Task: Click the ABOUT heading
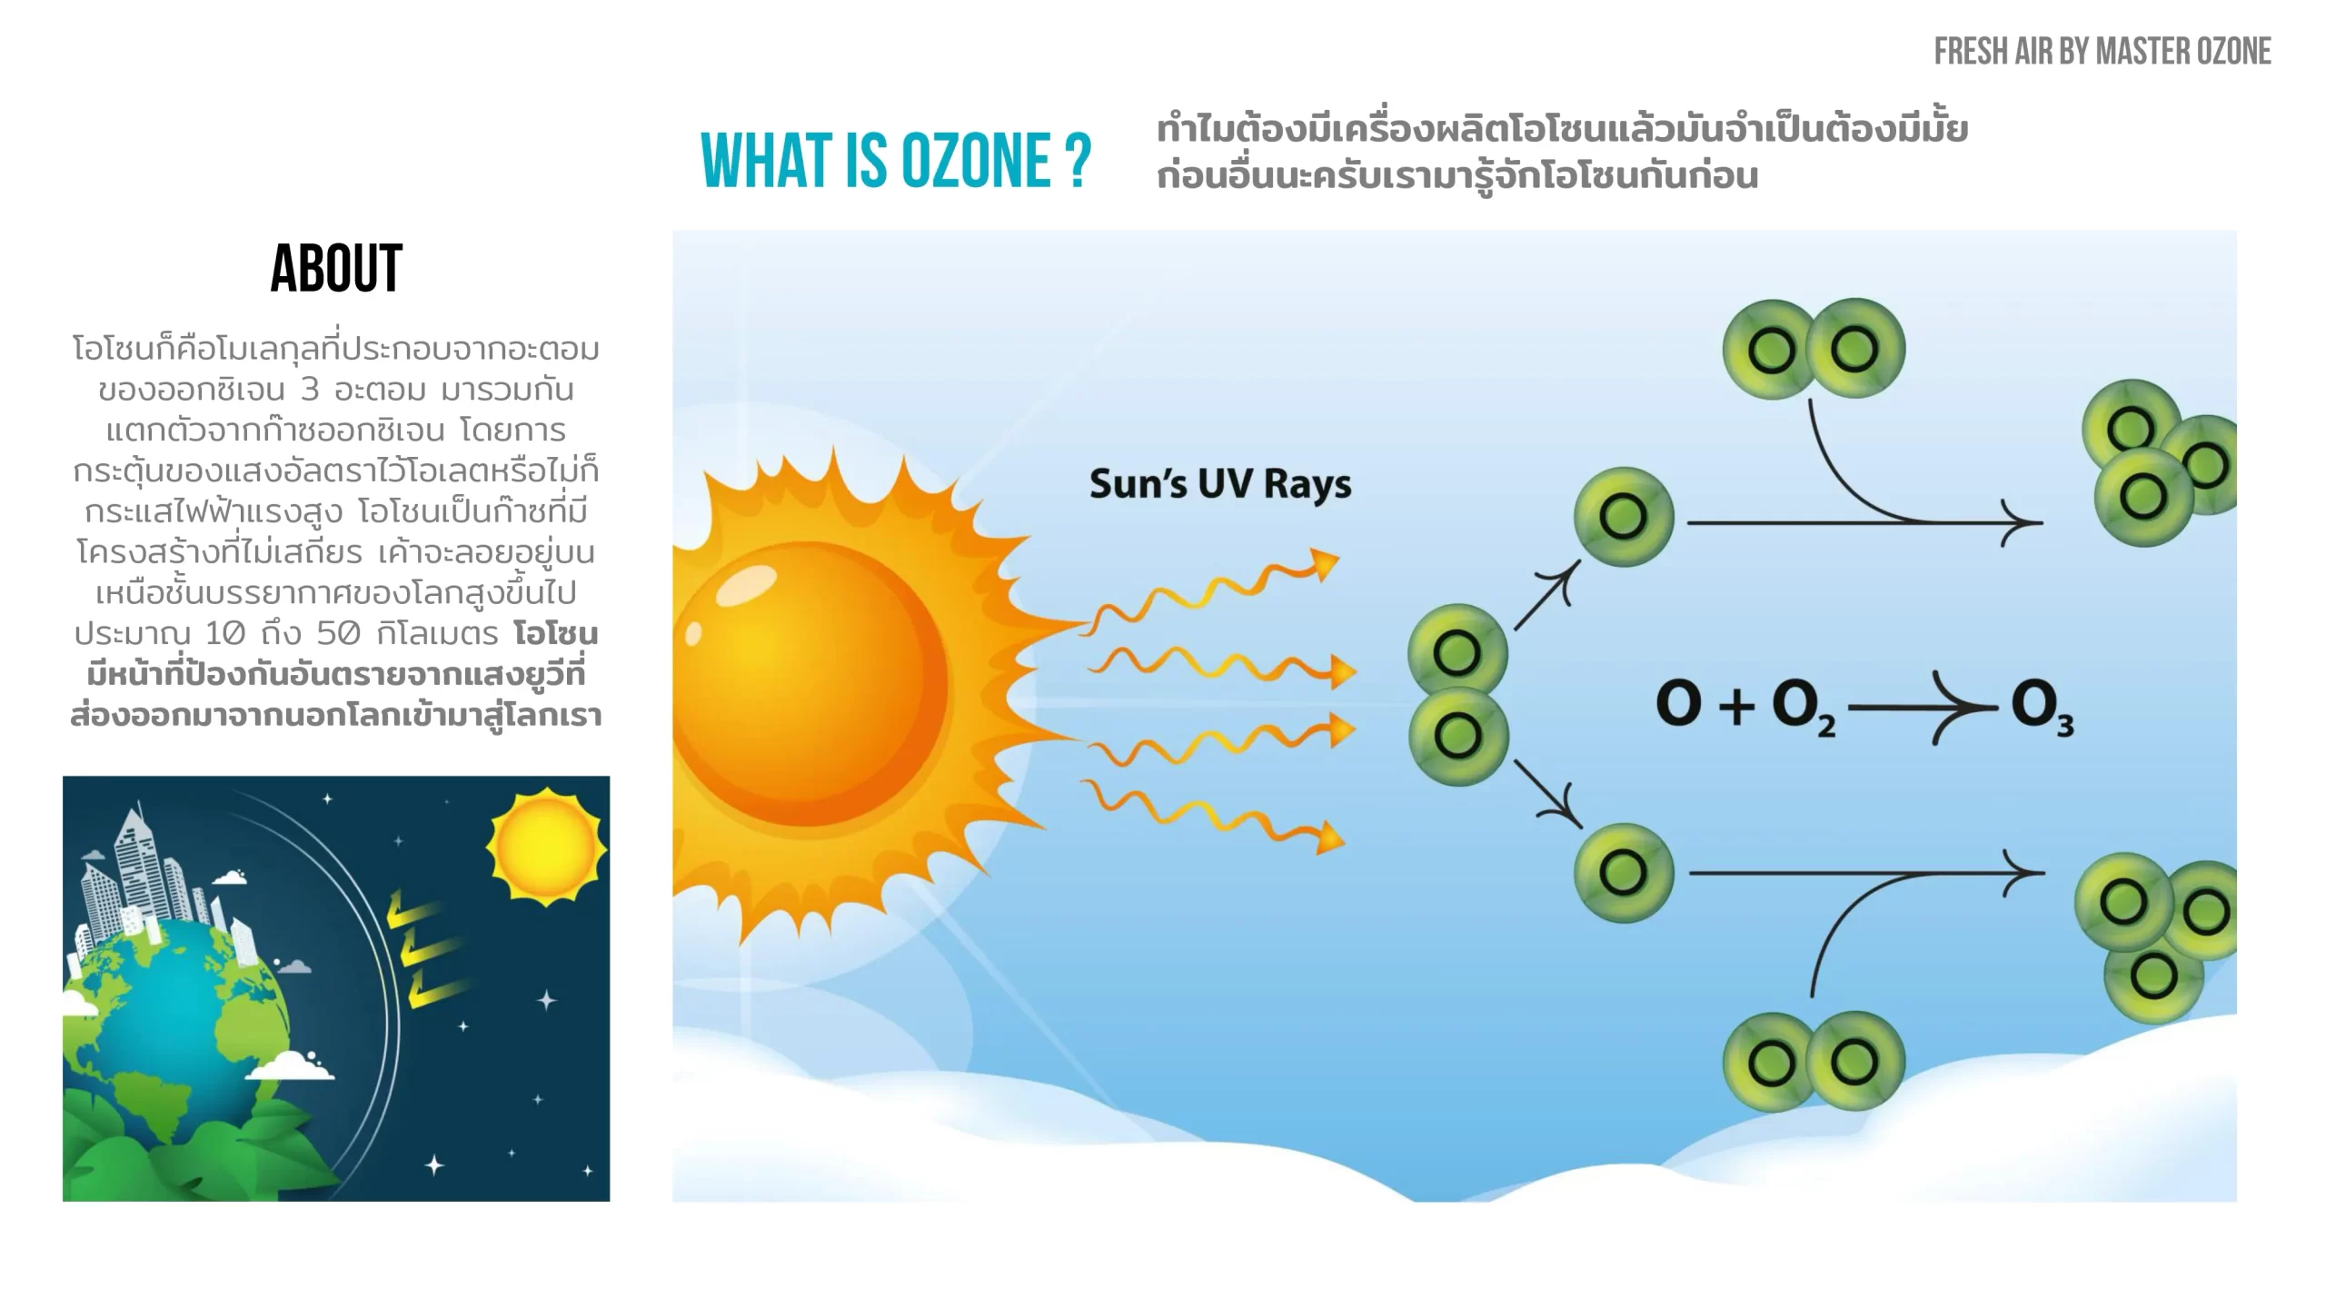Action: tap(336, 269)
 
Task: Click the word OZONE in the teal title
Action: tap(976, 161)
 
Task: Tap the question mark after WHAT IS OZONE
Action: tap(1079, 161)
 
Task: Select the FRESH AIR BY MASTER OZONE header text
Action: tap(2102, 52)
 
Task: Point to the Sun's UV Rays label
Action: tap(1220, 484)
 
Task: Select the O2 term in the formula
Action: tap(1804, 709)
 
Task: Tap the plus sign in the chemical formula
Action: tap(1736, 707)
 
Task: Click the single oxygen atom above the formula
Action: tap(1624, 516)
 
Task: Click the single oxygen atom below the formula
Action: tap(1624, 873)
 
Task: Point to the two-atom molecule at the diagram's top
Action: tap(1814, 349)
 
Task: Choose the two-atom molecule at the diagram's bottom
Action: tap(1814, 1061)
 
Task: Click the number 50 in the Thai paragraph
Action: tap(338, 633)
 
